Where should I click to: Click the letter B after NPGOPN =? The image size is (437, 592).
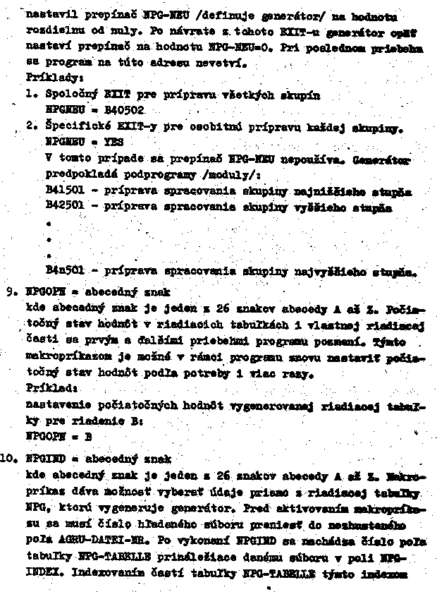click(x=89, y=436)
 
